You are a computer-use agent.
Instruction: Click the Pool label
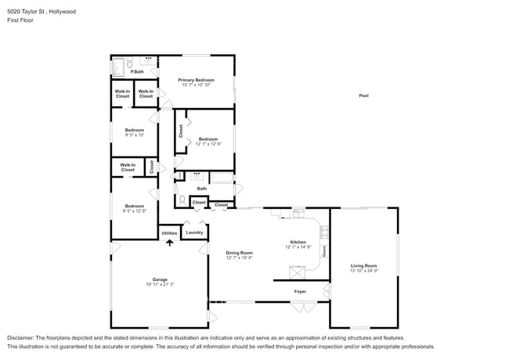363,95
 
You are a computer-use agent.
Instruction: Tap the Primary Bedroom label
196,81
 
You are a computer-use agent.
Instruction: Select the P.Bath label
136,72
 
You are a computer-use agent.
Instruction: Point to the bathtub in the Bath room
222,189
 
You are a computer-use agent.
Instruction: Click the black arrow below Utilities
169,243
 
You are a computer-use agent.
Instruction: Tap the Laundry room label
195,232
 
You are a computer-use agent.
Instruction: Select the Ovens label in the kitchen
324,251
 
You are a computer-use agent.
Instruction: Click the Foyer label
300,292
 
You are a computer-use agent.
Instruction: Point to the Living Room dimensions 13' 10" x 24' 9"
363,271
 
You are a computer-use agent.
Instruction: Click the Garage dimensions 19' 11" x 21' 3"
159,285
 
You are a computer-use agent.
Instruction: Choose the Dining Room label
240,253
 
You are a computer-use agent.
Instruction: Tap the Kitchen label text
298,242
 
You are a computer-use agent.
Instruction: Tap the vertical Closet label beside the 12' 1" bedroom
180,131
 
